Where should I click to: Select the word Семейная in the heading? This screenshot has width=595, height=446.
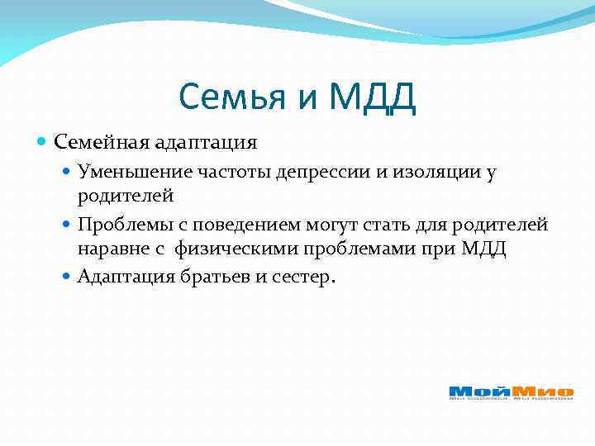(101, 142)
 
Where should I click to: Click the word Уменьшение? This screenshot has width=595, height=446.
(134, 172)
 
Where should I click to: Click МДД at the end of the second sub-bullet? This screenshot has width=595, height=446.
(487, 250)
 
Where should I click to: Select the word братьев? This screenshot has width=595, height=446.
(212, 276)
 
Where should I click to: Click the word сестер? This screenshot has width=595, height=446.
(306, 276)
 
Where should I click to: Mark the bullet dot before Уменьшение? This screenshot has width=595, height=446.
(68, 172)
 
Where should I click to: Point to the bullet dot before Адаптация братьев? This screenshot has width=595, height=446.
(68, 276)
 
